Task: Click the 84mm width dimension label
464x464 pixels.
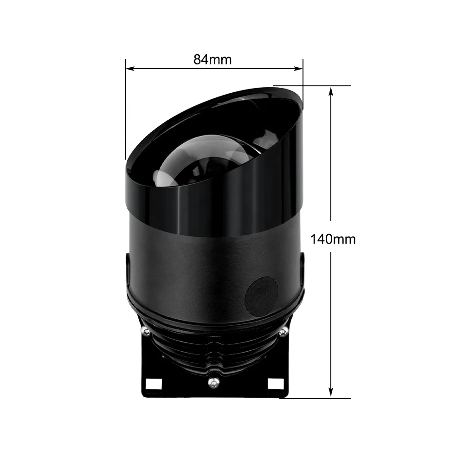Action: pos(213,59)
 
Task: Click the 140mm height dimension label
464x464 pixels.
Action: pos(333,239)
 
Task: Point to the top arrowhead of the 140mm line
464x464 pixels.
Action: pos(331,91)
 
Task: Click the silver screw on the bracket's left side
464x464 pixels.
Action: pos(145,331)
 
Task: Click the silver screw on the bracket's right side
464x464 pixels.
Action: pos(283,331)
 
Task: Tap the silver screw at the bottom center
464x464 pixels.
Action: pos(213,381)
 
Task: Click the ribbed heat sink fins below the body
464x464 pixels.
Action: pos(213,348)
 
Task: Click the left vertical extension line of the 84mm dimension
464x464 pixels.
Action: pos(125,111)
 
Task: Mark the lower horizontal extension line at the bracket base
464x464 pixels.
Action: pos(320,398)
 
